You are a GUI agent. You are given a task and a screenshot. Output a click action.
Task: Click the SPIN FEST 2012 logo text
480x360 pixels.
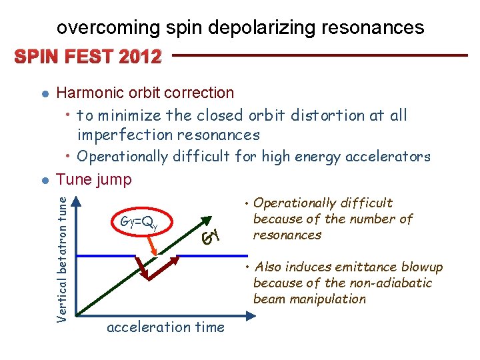[x=85, y=57]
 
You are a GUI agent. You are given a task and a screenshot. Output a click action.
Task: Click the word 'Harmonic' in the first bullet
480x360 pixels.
[x=87, y=93]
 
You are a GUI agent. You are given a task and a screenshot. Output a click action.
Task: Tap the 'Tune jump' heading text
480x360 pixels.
[x=94, y=179]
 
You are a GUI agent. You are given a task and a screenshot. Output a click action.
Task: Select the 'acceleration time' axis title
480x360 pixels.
[x=165, y=327]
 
